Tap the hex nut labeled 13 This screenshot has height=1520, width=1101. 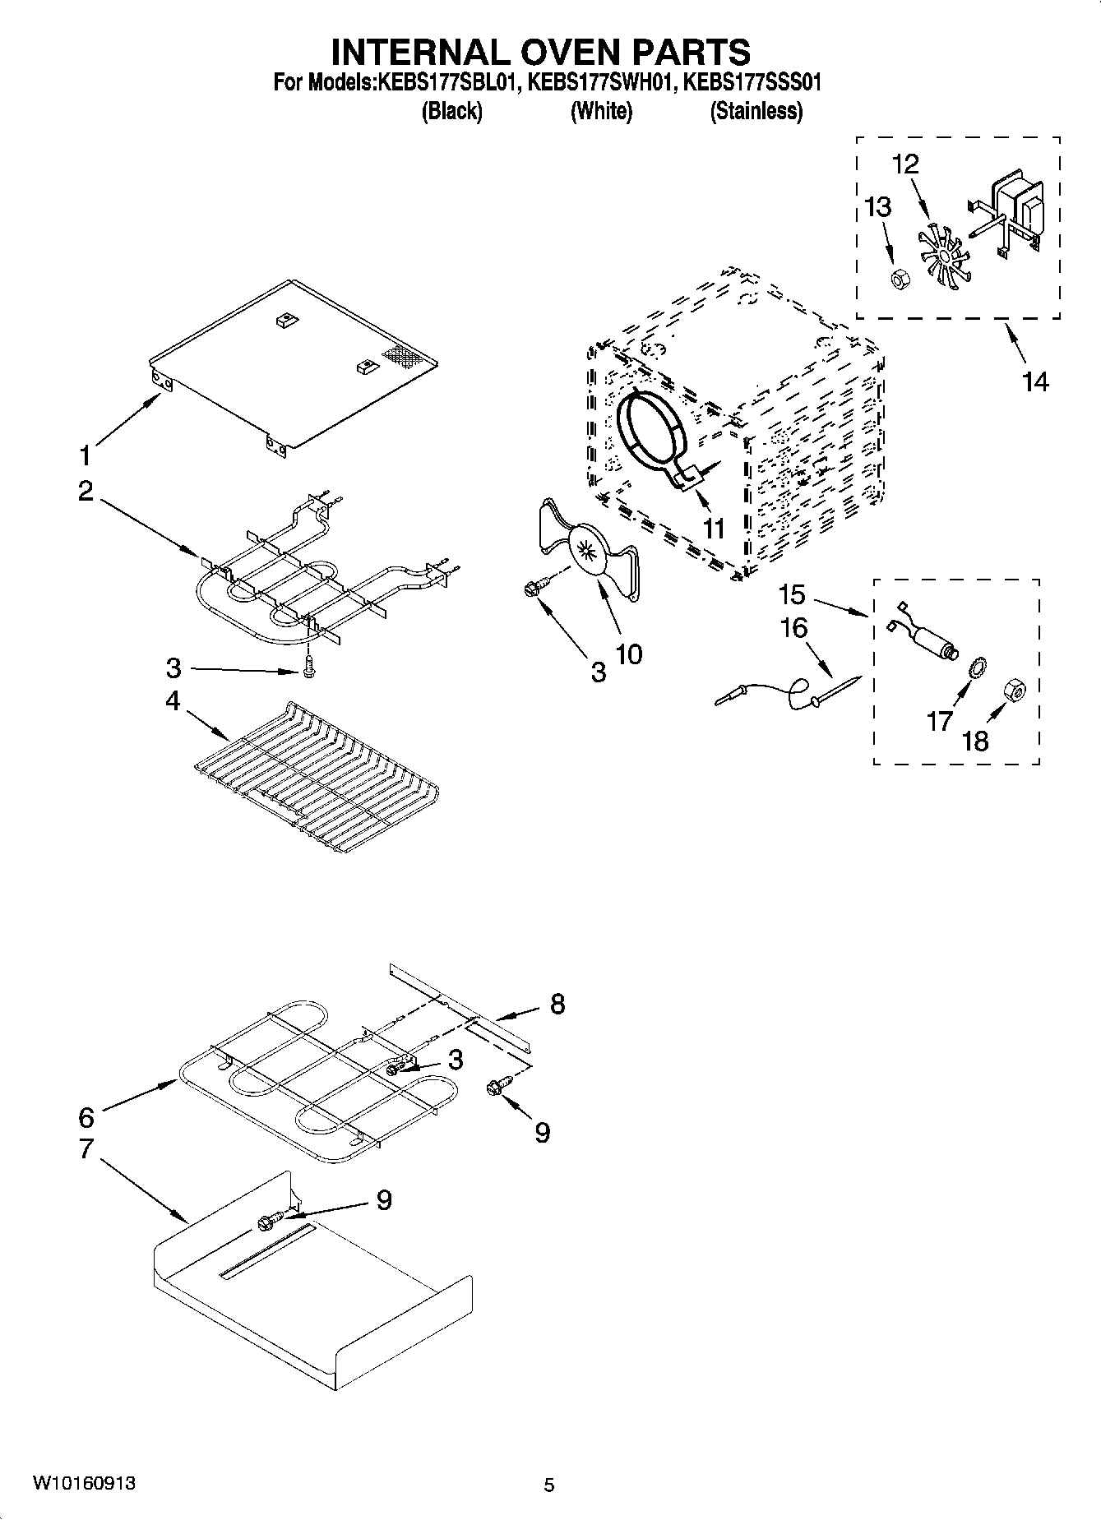tap(899, 280)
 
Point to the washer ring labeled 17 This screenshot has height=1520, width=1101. tap(978, 667)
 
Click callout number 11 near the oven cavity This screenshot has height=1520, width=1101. tap(713, 528)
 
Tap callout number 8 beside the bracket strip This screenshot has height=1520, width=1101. tap(557, 1004)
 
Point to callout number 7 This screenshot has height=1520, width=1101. tap(86, 1148)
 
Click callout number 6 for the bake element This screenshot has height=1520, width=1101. tap(86, 1116)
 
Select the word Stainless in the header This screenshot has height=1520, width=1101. tap(756, 111)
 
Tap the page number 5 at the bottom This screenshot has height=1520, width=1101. tap(549, 1485)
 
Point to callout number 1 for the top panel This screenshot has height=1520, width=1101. tap(85, 455)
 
